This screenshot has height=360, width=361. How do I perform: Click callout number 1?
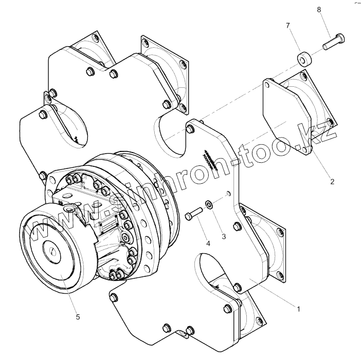pos(298,309)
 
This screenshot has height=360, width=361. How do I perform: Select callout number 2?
pos(332,181)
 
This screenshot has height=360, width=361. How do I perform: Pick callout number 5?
pos(78,317)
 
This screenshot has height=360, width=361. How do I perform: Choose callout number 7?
pos(288,25)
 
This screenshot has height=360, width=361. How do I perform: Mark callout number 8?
pos(319,9)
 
